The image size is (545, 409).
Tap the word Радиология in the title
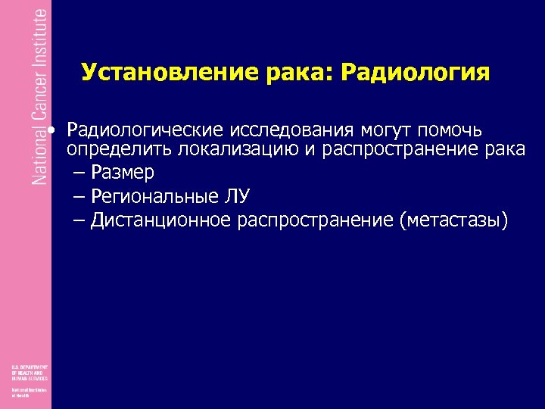pyautogui.click(x=416, y=73)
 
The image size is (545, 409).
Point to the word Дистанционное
pyautogui.click(x=160, y=220)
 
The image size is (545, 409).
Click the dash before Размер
pyautogui.click(x=80, y=173)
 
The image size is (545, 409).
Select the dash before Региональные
pyautogui.click(x=80, y=196)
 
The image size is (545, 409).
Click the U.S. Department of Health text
pyautogui.click(x=30, y=372)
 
